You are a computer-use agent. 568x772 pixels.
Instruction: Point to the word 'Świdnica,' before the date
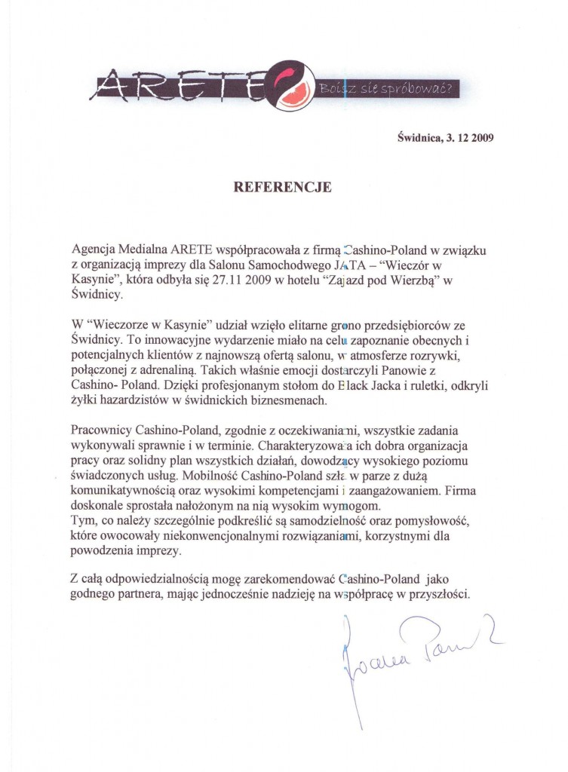416,139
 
